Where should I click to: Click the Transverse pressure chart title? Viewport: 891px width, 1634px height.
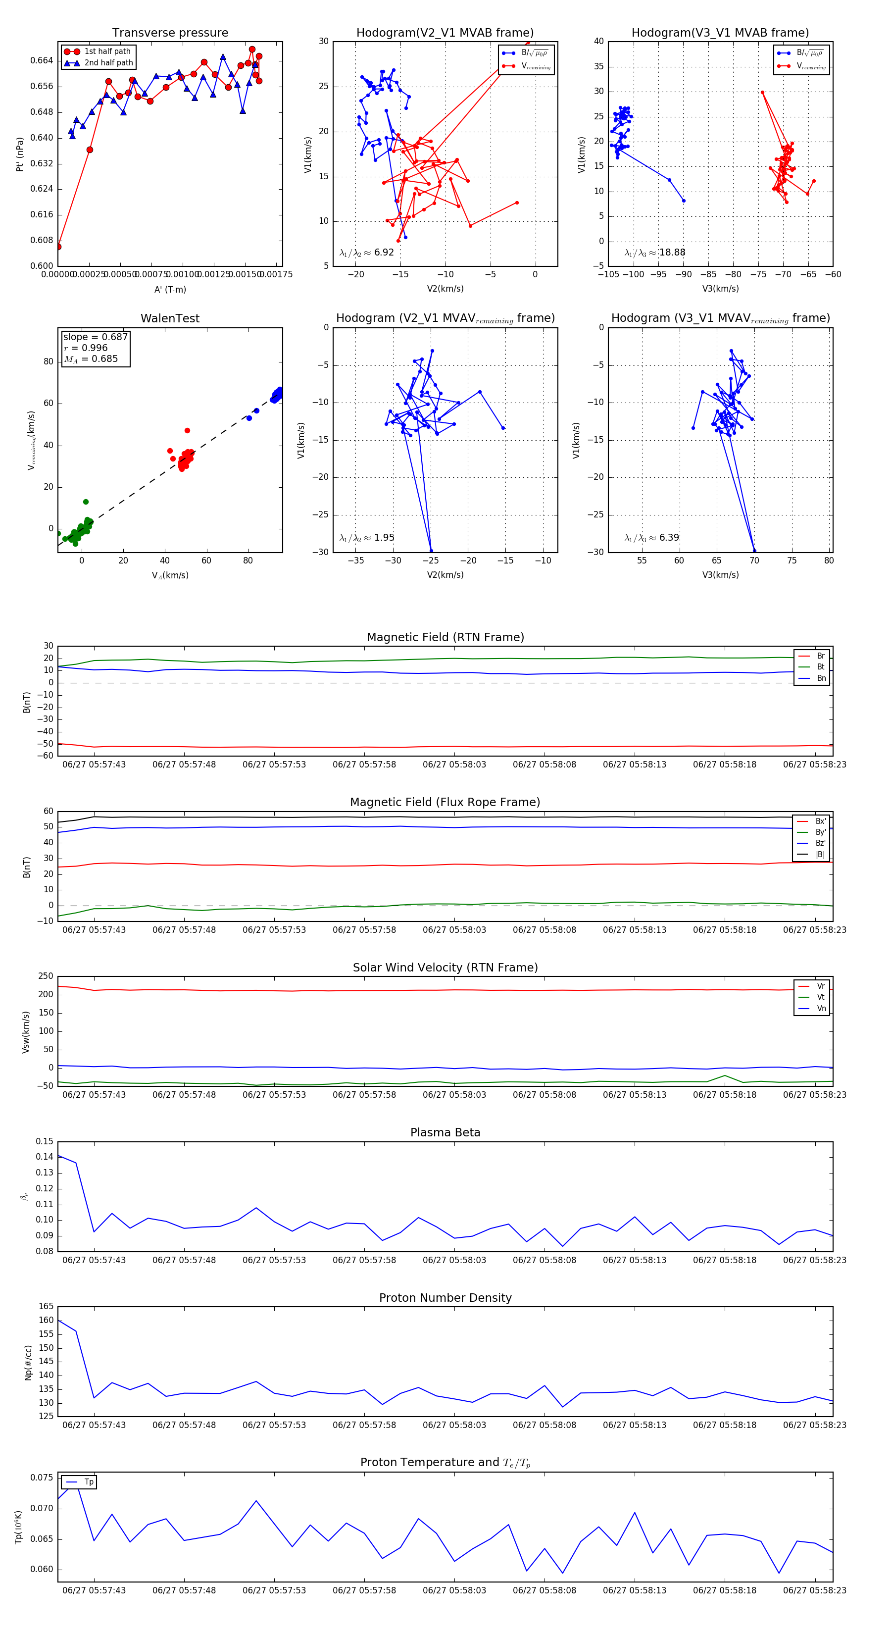coord(170,33)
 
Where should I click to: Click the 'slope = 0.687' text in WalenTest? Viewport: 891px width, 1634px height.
coord(95,337)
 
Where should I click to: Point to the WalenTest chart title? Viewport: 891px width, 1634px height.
coord(170,318)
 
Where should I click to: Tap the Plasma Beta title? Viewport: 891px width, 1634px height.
coord(445,1132)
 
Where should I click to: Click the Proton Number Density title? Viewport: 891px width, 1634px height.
coord(445,1297)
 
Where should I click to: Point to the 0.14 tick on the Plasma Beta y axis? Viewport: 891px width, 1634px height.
coord(45,1156)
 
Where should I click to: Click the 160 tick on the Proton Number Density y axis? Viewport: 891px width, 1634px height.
coord(47,1320)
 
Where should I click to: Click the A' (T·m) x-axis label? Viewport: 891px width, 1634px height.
coord(170,289)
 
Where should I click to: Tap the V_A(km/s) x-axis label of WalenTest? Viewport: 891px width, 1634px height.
coord(170,575)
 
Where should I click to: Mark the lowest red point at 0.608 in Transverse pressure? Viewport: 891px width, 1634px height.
coord(58,246)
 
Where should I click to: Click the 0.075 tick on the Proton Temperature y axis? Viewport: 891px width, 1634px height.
coord(42,1478)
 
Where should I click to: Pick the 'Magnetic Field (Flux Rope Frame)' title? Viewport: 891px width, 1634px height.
coord(445,803)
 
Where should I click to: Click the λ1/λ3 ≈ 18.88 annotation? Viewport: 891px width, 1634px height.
coord(654,253)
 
